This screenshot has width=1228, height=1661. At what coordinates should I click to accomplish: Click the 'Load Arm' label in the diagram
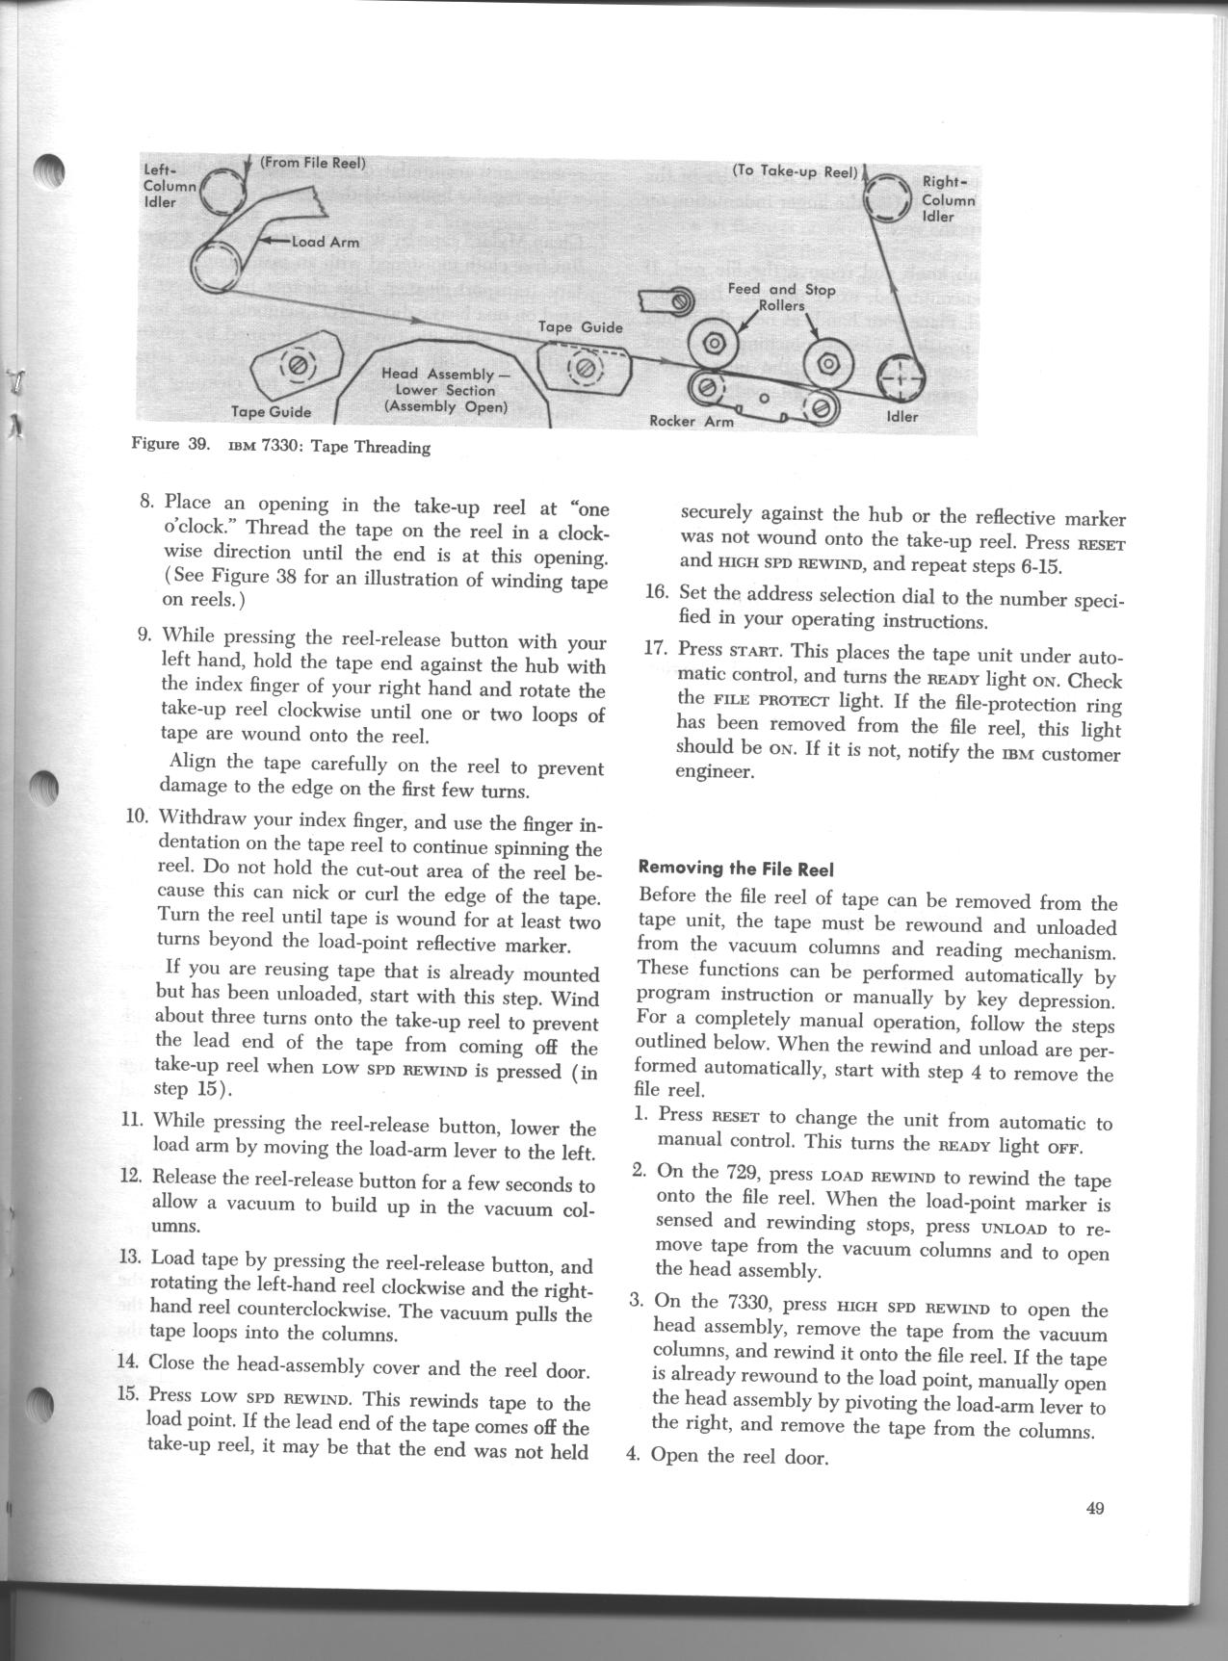tap(325, 242)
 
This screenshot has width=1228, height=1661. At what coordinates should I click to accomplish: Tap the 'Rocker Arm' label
tap(692, 421)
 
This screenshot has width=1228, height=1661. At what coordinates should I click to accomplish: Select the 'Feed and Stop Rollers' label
tap(781, 297)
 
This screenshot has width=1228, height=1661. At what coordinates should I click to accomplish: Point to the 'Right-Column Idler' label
tap(949, 199)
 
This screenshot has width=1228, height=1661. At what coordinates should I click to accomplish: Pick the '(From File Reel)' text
tap(313, 163)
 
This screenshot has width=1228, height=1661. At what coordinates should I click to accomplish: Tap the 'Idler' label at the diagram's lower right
tap(901, 416)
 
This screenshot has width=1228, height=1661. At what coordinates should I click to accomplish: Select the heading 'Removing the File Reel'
tap(736, 869)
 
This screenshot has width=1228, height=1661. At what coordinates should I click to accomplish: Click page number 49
tap(1093, 1508)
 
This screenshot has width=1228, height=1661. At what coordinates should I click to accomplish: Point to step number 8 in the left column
tap(147, 503)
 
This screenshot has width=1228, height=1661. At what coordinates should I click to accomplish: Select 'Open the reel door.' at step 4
tap(739, 1457)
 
